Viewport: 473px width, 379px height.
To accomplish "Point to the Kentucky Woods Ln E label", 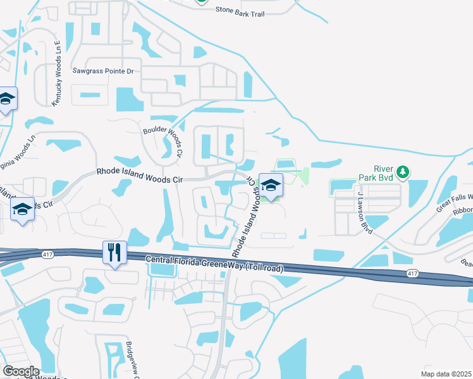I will (56, 73).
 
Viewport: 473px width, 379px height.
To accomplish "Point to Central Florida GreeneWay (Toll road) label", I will (214, 263).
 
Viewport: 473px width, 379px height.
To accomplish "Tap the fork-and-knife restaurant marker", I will (114, 252).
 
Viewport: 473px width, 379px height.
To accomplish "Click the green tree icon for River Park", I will (402, 171).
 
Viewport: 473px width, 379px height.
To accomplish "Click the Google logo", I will (21, 371).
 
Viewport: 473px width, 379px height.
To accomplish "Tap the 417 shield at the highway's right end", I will (412, 273).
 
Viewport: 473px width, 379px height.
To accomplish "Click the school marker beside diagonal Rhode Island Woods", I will (271, 185).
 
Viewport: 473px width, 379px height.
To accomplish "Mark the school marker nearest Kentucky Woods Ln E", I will (7, 99).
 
